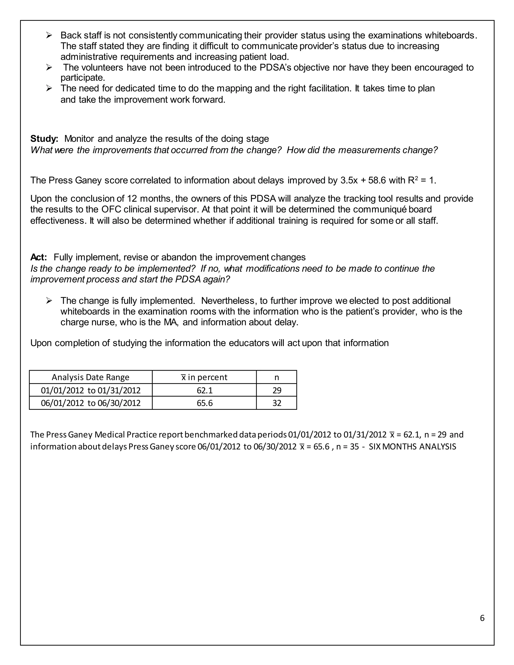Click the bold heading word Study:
(44, 139)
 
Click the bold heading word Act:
(39, 257)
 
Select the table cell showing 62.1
(204, 390)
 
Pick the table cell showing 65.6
(204, 403)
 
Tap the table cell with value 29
(277, 390)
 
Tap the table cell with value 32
(277, 403)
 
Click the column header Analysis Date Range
(90, 377)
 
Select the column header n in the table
(277, 377)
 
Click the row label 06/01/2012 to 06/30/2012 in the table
(90, 403)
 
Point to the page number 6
(482, 618)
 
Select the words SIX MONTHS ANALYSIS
(412, 447)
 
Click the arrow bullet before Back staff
(49, 36)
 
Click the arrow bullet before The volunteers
(49, 68)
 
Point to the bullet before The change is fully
(49, 301)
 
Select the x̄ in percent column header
(204, 377)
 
